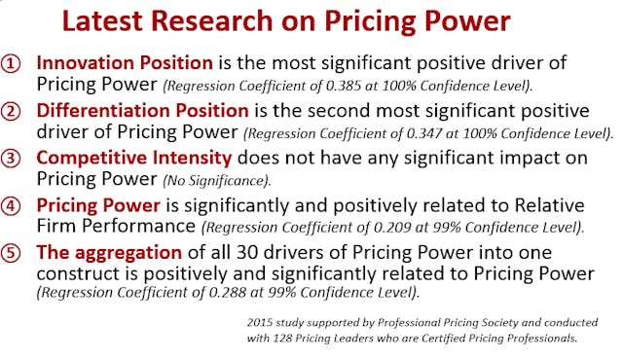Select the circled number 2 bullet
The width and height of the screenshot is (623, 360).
13,110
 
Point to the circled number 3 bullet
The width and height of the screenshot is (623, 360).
13,158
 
